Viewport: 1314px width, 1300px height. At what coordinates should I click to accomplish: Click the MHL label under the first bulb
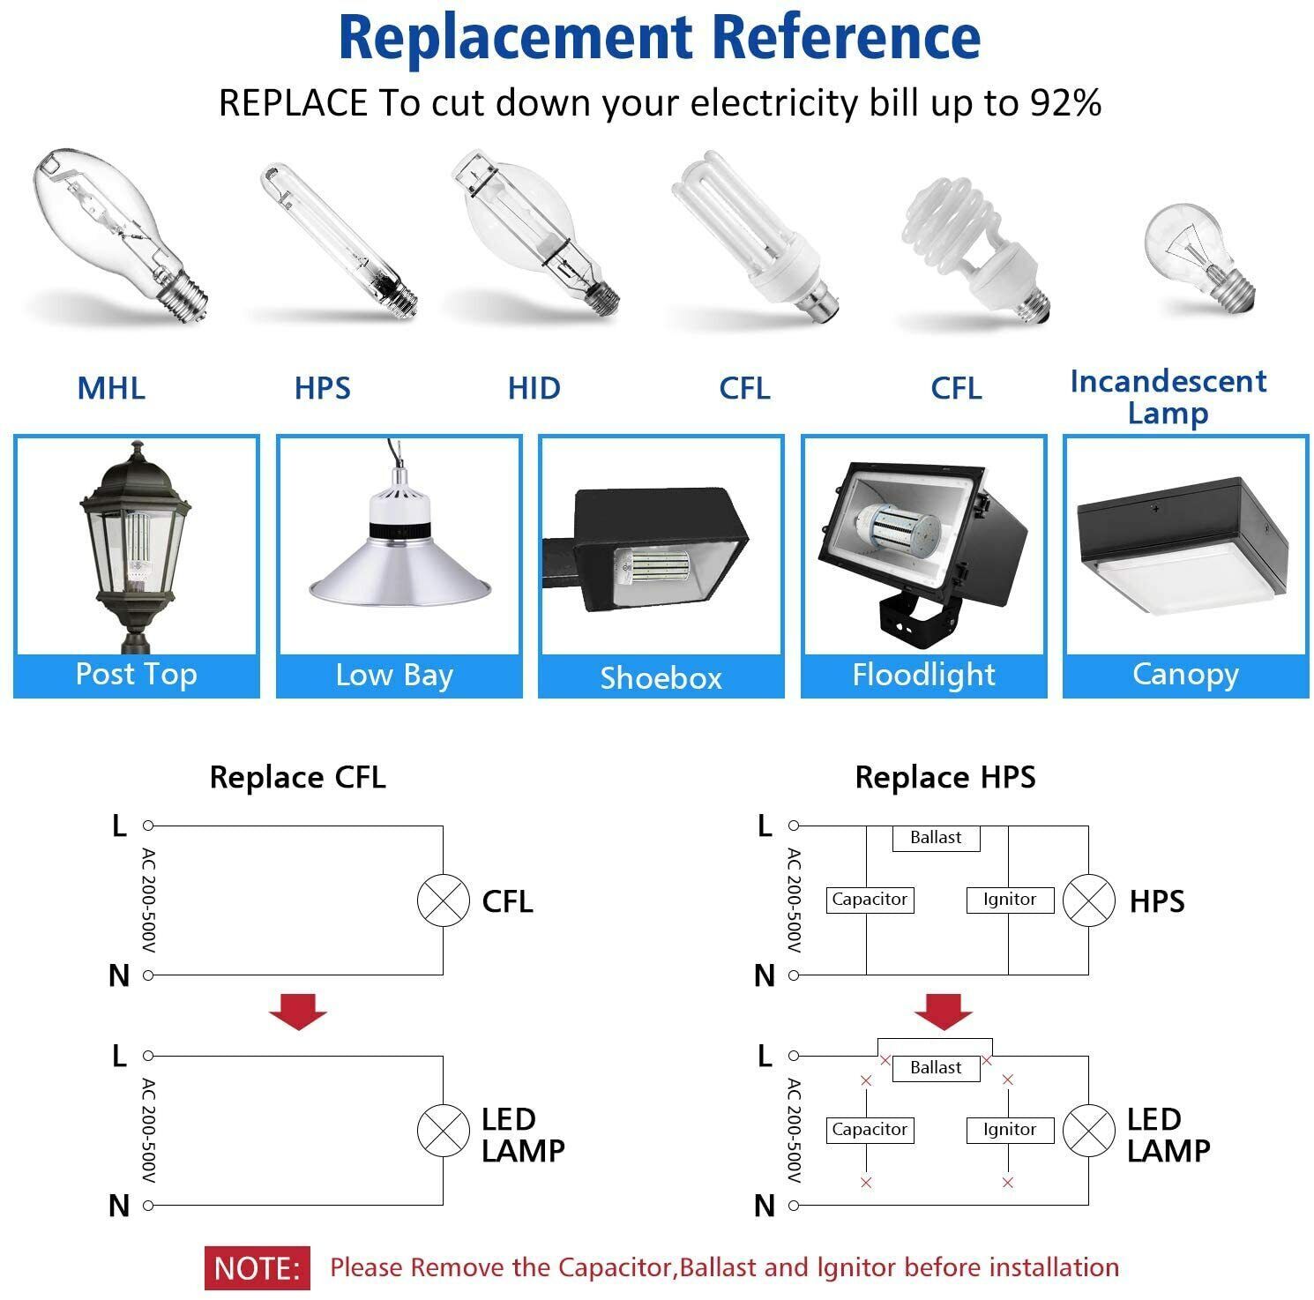[x=111, y=388]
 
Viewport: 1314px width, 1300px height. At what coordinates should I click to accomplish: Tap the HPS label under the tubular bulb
[x=322, y=388]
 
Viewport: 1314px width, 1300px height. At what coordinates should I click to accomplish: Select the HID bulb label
[x=534, y=388]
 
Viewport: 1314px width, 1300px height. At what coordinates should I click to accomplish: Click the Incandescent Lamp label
[x=1168, y=397]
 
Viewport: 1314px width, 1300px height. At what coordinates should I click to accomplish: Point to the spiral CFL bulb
[x=974, y=243]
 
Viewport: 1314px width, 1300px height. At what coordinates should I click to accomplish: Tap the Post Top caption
[x=136, y=675]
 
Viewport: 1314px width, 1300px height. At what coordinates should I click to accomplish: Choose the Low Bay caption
[x=394, y=676]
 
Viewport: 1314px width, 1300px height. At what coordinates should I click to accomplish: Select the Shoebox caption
[x=661, y=678]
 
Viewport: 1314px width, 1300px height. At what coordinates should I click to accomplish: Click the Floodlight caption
[x=923, y=675]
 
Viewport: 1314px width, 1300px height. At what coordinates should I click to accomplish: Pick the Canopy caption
[x=1185, y=675]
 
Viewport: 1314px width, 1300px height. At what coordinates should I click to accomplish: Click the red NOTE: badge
[x=258, y=1268]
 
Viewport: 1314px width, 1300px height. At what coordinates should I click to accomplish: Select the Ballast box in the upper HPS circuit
[x=936, y=837]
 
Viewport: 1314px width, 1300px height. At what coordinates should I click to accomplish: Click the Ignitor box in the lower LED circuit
[x=1009, y=1130]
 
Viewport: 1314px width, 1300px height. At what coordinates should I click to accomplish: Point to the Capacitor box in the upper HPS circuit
[x=870, y=900]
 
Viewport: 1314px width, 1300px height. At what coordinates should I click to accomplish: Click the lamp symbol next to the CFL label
[x=443, y=900]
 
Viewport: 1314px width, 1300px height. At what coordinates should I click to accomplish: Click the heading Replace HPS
[x=944, y=778]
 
